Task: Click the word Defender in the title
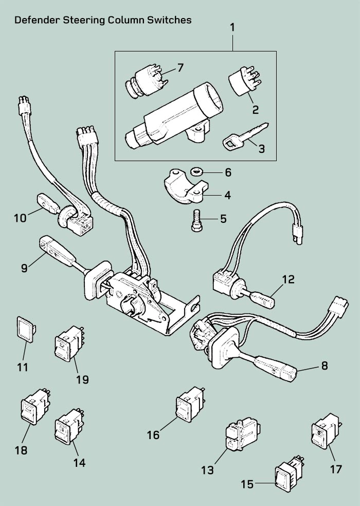click(x=37, y=20)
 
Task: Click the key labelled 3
click(x=246, y=136)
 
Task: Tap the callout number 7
click(x=180, y=68)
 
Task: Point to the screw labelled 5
click(x=196, y=220)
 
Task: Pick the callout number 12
click(x=289, y=280)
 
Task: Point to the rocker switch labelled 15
click(x=289, y=473)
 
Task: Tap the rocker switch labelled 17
click(x=326, y=431)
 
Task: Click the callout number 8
click(x=324, y=365)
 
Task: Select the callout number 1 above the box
click(x=232, y=27)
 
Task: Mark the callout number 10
click(x=20, y=218)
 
